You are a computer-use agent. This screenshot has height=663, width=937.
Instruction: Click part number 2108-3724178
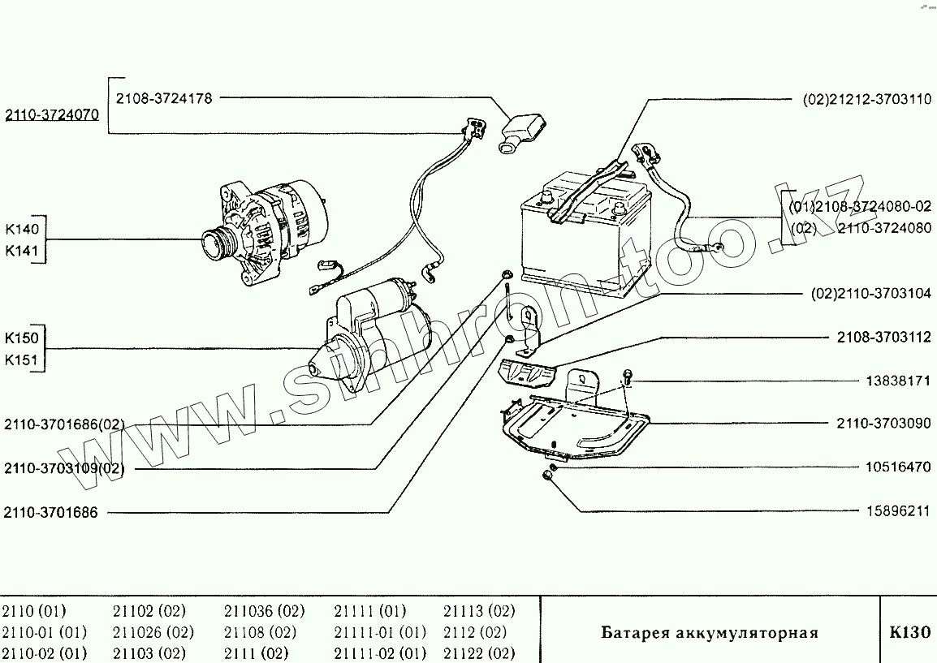pos(163,98)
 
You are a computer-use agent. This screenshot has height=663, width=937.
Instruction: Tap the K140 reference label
pos(22,230)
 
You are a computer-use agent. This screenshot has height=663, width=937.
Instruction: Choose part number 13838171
pos(896,381)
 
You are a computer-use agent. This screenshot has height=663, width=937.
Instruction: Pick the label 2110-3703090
pos(884,423)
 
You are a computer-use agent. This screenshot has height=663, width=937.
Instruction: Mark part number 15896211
pos(896,512)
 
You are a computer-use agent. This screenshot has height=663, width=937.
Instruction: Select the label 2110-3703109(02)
pos(65,468)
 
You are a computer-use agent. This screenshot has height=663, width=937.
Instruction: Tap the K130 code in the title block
pos(909,632)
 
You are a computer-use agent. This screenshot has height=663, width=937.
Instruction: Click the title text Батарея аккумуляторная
pos(710,633)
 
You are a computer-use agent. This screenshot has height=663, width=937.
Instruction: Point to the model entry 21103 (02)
pos(149,653)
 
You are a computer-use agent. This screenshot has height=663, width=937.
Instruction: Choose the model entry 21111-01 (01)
pos(380,632)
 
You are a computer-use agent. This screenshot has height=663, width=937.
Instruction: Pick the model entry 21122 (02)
pos(479,653)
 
